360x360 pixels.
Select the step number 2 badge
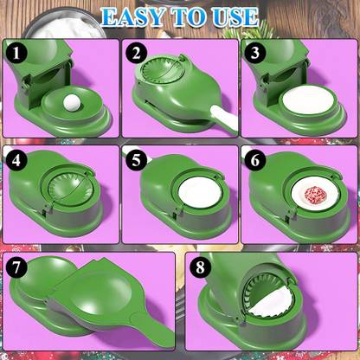pos(137,54)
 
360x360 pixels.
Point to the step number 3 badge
pos(253,54)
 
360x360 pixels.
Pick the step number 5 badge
pos(137,162)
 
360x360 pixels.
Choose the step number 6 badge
pos(253,162)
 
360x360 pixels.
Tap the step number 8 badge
pos(201,268)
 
